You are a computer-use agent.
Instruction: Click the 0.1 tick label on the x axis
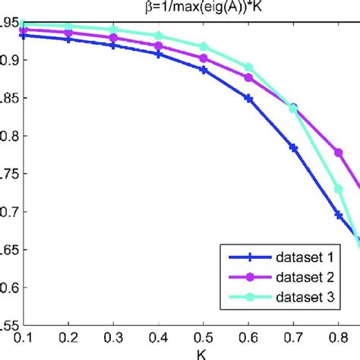(24, 337)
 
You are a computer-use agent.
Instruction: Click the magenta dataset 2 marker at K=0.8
(339, 153)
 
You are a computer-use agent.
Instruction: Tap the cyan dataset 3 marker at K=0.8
(339, 189)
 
